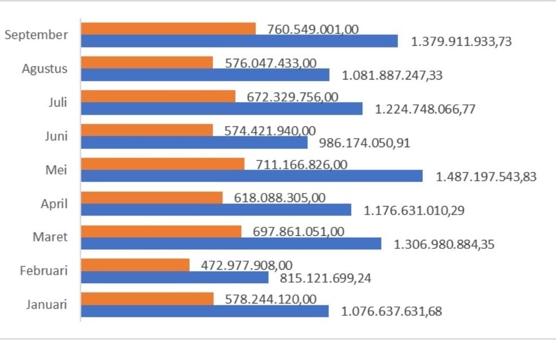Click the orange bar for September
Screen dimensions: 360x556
click(168, 29)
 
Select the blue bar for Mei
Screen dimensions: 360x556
click(252, 176)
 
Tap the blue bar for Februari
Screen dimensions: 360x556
click(174, 278)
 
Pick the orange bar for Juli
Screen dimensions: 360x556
click(158, 96)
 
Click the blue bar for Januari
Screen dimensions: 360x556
click(204, 311)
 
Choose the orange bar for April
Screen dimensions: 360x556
click(152, 197)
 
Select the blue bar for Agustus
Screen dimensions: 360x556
click(205, 75)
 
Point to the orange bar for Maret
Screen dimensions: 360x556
click(161, 231)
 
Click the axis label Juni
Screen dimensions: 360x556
click(56, 136)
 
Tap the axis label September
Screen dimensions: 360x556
click(36, 35)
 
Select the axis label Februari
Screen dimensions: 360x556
click(43, 271)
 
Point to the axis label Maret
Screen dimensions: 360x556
click(50, 237)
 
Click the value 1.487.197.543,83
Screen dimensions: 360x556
click(486, 177)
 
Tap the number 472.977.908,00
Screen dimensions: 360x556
click(247, 265)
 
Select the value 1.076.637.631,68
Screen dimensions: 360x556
click(392, 311)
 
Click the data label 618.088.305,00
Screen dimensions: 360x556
click(279, 198)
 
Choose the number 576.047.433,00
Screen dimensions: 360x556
click(271, 63)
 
